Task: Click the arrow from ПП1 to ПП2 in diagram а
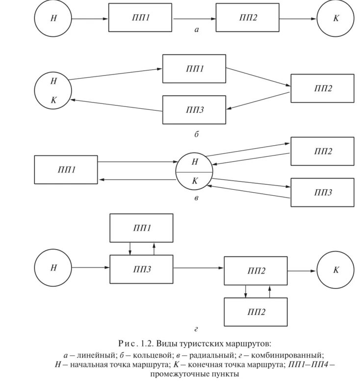coord(194,19)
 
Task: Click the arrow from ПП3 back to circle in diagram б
coord(116,105)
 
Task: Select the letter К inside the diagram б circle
coord(53,100)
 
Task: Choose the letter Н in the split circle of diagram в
coord(195,162)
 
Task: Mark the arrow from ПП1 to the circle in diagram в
coord(138,162)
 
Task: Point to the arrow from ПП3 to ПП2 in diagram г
coord(199,268)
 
